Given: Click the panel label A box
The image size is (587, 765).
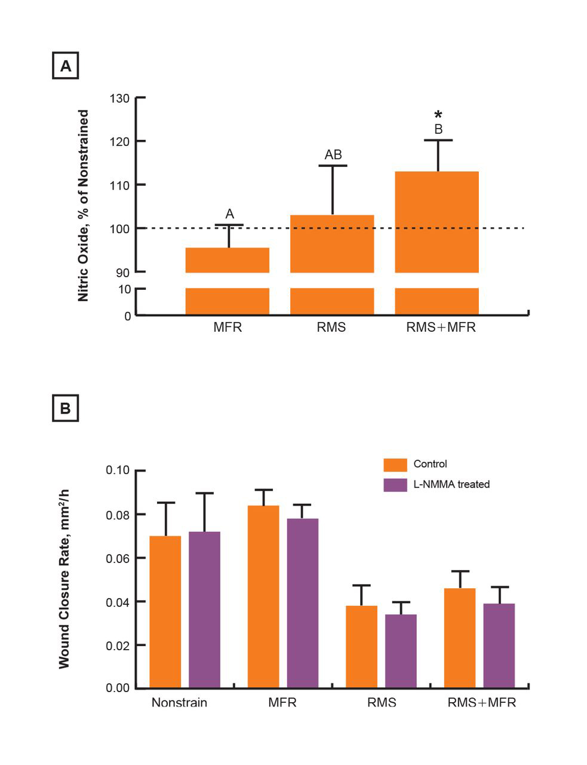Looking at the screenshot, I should point(65,66).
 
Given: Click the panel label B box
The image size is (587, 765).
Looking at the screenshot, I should point(65,408).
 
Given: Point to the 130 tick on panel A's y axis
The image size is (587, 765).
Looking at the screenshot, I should point(120,98).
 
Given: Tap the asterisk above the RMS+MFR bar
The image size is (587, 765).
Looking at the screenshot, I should point(438,115).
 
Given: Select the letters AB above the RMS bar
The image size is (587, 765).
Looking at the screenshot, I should point(333,155).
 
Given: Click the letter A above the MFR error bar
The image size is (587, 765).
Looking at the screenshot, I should point(229,214).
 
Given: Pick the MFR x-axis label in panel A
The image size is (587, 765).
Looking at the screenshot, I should point(228,328).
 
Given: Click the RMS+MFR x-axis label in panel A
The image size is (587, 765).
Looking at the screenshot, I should point(441,328).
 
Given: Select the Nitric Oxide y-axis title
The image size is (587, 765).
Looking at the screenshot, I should point(84,205).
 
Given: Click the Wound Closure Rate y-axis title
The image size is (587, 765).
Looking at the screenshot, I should point(64,578).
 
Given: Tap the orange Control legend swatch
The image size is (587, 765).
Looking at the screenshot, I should point(395,464).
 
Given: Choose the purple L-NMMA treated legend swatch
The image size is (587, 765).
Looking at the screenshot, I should point(395,485).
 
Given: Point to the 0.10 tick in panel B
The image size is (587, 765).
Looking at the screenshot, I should point(118,470).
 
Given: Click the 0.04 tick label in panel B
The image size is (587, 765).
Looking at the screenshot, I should point(118,602).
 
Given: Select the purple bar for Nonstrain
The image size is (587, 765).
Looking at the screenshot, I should point(204,610).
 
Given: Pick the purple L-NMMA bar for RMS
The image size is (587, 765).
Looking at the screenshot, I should point(401,651).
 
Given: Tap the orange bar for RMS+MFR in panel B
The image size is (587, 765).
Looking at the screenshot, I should point(460,638).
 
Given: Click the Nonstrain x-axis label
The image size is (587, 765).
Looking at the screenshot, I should point(179,702).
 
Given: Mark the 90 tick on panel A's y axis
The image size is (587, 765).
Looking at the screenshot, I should point(123,273).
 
